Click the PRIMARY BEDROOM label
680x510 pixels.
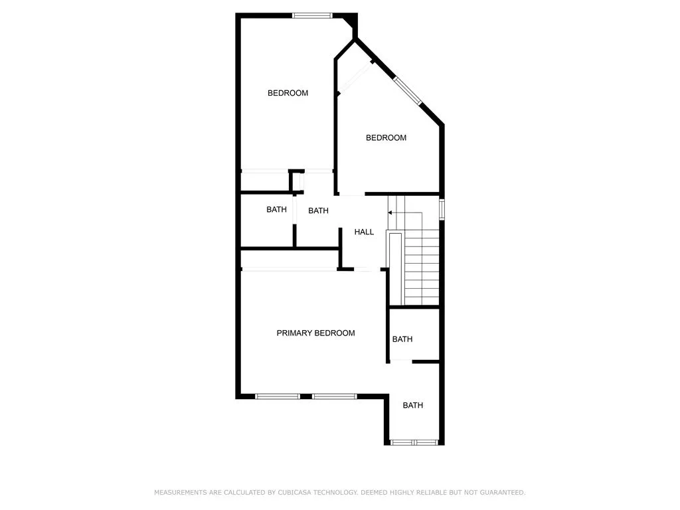coord(315,333)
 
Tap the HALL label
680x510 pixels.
coord(364,232)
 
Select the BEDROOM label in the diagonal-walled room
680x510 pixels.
coord(386,138)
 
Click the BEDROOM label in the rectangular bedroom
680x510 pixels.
coord(288,93)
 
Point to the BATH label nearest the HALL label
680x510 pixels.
coord(318,211)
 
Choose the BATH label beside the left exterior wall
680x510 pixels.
coord(276,210)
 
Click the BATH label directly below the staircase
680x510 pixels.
coord(402,339)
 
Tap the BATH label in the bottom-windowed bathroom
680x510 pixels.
coord(413,405)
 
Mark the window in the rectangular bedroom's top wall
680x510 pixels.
coord(312,16)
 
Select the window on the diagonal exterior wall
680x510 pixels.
coord(407,90)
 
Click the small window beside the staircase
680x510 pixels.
coord(442,209)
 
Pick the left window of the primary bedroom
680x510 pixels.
coord(278,396)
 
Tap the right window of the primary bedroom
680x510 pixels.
coord(335,396)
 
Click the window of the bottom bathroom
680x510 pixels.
coord(414,442)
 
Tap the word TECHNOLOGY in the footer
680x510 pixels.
coord(336,493)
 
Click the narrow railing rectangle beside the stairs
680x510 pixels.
coord(396,269)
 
